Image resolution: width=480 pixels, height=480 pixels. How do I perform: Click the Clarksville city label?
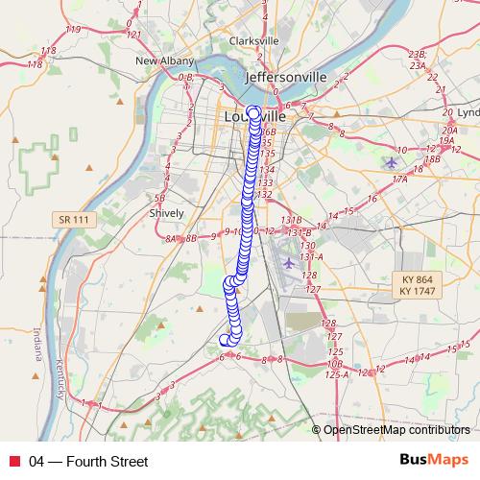click(x=254, y=41)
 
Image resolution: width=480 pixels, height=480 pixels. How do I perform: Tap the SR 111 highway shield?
click(x=73, y=220)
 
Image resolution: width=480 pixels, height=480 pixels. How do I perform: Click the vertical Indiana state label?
click(x=38, y=344)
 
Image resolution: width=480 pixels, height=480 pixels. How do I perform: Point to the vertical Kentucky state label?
click(x=59, y=380)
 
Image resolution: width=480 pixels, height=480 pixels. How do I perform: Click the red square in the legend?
click(x=13, y=462)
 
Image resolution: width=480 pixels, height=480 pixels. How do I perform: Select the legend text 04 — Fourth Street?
click(x=88, y=462)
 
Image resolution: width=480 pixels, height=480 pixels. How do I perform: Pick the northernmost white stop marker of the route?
click(x=253, y=112)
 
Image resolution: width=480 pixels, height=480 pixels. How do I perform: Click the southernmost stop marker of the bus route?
click(x=226, y=339)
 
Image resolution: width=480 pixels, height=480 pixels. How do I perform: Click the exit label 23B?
click(x=416, y=56)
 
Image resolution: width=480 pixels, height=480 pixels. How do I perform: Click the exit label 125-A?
click(x=337, y=373)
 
